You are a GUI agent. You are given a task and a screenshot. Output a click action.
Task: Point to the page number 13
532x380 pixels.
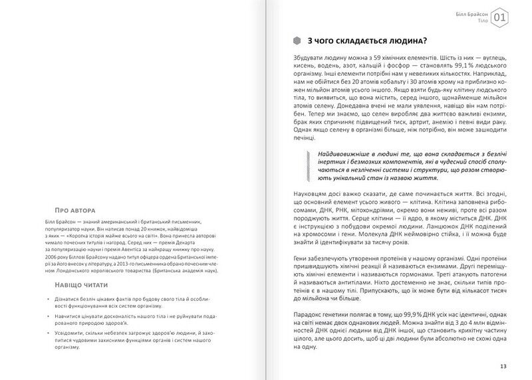[x=502, y=365]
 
